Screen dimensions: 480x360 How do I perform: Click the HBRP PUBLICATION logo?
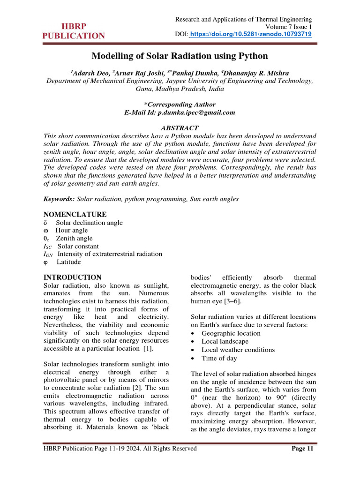[74, 31]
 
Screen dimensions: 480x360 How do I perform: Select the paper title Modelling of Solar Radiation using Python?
[180, 56]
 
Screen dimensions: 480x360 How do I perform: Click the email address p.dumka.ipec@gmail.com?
[196, 112]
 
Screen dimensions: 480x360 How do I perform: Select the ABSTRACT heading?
[180, 128]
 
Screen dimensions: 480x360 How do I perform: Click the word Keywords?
[59, 199]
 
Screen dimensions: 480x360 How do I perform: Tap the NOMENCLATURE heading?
[75, 214]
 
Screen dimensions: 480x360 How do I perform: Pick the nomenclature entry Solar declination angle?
[89, 223]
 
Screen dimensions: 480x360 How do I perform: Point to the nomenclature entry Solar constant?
[78, 246]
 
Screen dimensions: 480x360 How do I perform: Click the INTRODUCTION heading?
[72, 277]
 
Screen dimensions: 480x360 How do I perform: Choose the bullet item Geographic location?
[231, 333]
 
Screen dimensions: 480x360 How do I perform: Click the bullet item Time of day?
[219, 358]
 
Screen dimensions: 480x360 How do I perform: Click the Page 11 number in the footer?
[302, 449]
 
